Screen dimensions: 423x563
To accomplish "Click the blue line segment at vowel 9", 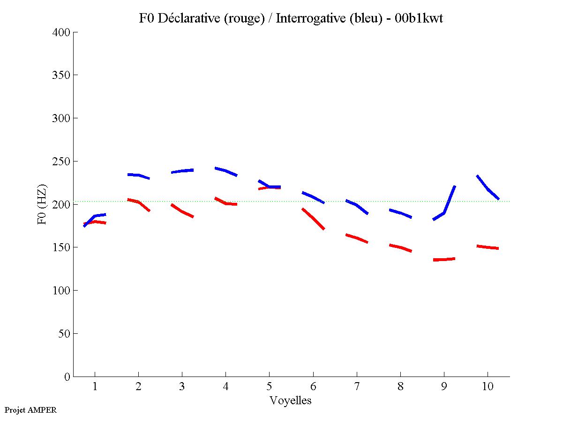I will click(x=443, y=213).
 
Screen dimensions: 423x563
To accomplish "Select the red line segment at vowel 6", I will click(x=313, y=218).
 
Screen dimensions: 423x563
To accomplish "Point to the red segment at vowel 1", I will click(x=95, y=222).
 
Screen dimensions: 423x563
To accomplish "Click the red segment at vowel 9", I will click(x=444, y=259).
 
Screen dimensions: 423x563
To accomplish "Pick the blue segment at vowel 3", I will click(x=182, y=171).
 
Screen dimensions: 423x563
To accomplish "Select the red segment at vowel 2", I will click(x=138, y=202).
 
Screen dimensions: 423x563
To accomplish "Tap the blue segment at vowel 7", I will click(x=357, y=205).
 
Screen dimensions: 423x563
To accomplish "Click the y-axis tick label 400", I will click(x=61, y=32).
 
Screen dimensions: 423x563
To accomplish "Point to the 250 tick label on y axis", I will click(x=61, y=162).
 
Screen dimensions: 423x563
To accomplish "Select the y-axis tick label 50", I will click(x=64, y=334).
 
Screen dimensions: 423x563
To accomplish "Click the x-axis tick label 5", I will click(x=269, y=387).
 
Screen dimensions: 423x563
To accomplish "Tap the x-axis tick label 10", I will click(x=488, y=387).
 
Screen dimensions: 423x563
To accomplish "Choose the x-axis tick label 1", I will click(x=95, y=387).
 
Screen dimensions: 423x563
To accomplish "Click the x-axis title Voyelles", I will click(x=291, y=400).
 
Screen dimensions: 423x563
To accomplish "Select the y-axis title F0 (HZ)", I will click(x=42, y=204).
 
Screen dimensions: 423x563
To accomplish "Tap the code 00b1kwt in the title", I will click(x=419, y=18).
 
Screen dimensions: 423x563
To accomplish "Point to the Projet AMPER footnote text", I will click(x=30, y=410).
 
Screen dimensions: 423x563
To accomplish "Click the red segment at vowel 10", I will click(x=488, y=247).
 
